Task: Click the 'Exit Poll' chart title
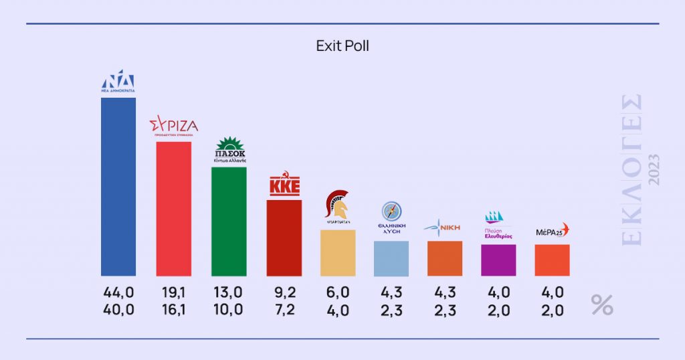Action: (x=342, y=46)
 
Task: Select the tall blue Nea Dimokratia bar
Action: (x=118, y=187)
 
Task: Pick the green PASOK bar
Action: (x=229, y=221)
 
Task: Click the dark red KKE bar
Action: (x=284, y=238)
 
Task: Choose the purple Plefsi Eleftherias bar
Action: (x=498, y=260)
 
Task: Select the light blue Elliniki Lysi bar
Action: (x=391, y=258)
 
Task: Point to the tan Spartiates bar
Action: (x=338, y=253)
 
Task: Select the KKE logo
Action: (x=284, y=184)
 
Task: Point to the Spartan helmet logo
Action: (x=337, y=207)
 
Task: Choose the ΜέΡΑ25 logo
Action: (x=552, y=232)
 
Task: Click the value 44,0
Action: (x=118, y=292)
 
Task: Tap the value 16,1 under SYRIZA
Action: (x=174, y=309)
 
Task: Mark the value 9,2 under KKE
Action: (x=284, y=292)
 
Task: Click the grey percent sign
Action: (x=601, y=304)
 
